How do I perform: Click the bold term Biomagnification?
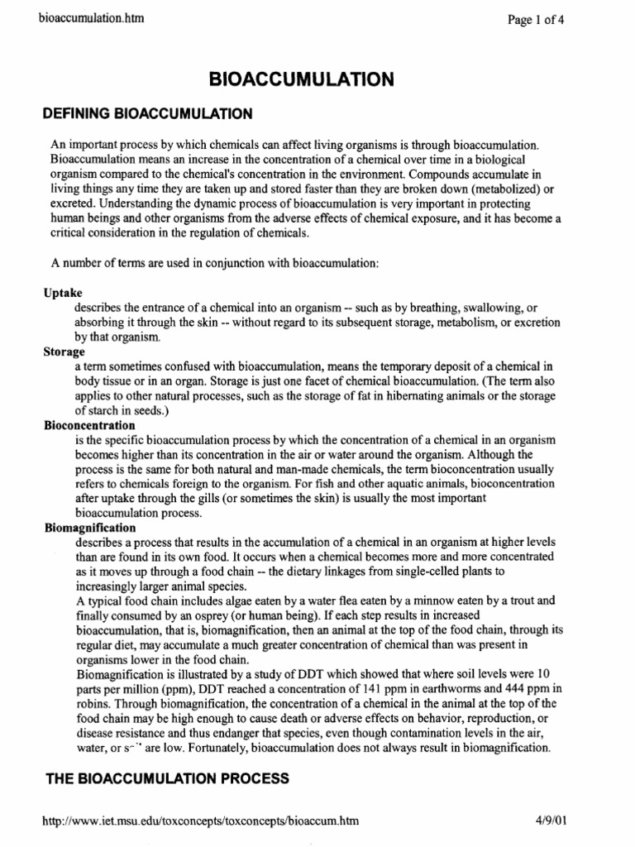[89, 526]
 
